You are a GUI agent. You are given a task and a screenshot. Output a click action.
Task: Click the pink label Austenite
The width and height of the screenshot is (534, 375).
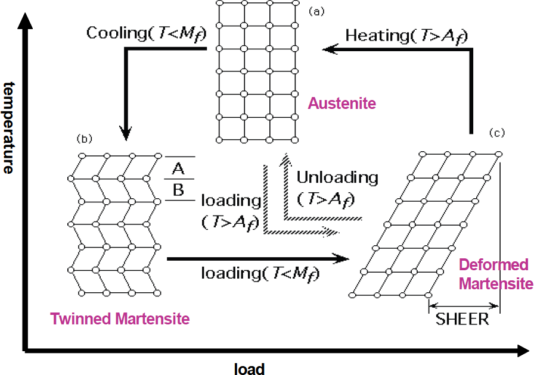[342, 103]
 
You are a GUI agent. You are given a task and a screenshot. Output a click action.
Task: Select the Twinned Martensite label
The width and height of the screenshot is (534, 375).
[120, 319]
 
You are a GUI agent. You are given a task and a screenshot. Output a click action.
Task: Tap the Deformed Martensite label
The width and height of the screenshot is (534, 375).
[496, 274]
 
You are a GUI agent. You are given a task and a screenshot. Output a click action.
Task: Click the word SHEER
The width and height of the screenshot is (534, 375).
[462, 319]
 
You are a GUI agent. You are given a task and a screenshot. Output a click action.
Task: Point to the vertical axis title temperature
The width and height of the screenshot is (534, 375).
[9, 127]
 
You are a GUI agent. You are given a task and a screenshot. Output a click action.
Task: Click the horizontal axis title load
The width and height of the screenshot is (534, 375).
[249, 369]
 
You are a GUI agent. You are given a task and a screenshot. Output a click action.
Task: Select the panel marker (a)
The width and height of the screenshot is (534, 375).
[316, 12]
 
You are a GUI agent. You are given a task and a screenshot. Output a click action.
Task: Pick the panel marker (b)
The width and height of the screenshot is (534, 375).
[85, 139]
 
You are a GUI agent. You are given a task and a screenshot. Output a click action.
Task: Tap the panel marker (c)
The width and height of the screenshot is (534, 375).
[497, 133]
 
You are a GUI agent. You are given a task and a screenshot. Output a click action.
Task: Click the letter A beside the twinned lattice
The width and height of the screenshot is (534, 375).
[178, 168]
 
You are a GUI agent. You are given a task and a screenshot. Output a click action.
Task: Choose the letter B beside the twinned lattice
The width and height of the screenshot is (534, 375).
[178, 190]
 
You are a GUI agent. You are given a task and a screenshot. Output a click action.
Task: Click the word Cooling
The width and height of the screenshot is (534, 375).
[117, 33]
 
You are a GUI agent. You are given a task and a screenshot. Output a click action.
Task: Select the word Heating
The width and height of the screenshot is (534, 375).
[378, 35]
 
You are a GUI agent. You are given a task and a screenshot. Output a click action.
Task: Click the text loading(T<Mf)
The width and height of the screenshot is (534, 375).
[260, 274]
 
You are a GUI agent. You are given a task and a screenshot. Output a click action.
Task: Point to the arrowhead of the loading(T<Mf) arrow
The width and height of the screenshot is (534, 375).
[341, 258]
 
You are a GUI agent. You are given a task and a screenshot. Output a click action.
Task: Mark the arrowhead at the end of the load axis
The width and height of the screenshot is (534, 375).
[523, 351]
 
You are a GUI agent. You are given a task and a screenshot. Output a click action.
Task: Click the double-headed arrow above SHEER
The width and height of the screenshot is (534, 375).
[464, 305]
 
